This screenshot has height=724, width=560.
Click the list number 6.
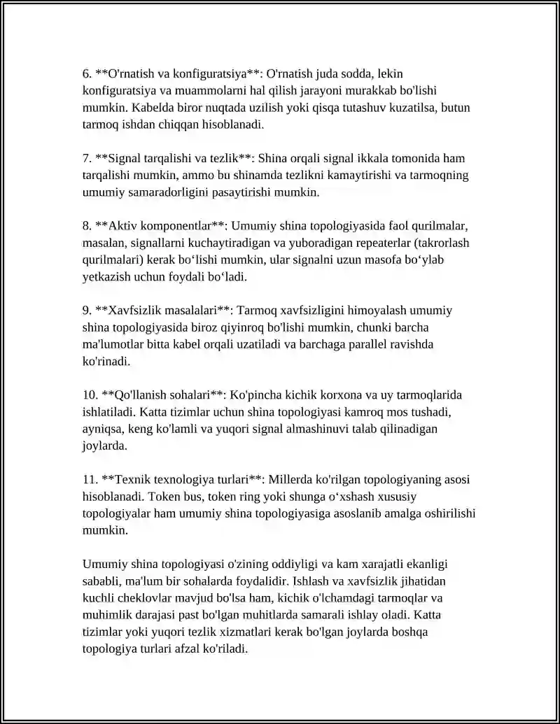tap(87, 73)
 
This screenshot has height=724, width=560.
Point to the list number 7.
tap(87, 158)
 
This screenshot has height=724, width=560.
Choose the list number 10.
tap(90, 395)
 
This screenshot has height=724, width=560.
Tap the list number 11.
tap(90, 480)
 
